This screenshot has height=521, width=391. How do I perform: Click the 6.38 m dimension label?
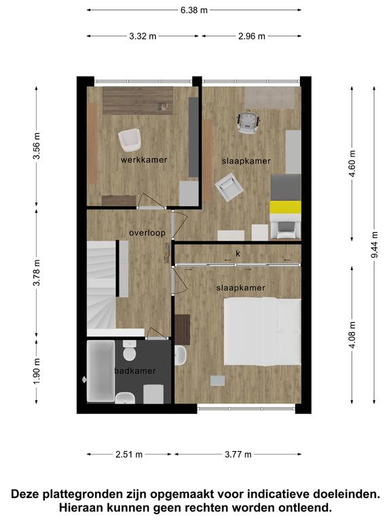pos(194,10)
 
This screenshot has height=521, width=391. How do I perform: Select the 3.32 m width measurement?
pos(143,36)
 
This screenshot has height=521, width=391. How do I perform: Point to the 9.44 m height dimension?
pos(375,245)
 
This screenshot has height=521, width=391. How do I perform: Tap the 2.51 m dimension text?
pos(129,455)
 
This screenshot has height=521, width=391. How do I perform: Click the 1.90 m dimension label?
pos(37,371)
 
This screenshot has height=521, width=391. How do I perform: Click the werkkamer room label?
pos(144,160)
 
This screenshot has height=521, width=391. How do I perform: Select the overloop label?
pos(147,233)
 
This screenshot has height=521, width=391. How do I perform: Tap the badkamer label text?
pos(135,371)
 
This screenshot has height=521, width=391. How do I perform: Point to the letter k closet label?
pos(238,254)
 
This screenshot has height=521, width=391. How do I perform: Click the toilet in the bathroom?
pos(130,351)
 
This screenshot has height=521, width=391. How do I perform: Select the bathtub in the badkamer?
pos(100,371)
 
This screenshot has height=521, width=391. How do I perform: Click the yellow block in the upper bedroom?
pos(285,208)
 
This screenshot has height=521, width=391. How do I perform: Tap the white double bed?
pos(262,332)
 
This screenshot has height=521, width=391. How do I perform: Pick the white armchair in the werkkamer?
pos(130,140)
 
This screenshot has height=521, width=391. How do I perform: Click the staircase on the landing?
pos(101,285)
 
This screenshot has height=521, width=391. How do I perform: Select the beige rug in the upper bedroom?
pos(269,98)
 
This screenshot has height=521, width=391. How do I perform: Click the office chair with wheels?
pos(248,122)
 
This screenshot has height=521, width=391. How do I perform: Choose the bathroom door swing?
pos(157,333)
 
